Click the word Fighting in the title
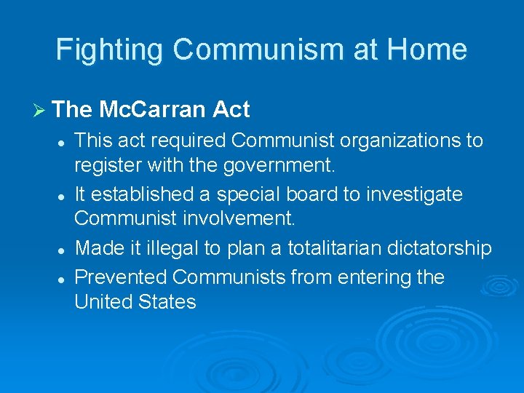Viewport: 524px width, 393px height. pyautogui.click(x=110, y=50)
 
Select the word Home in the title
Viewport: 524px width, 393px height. pyautogui.click(x=427, y=49)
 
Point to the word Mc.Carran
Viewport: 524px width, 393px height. pyautogui.click(x=153, y=110)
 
